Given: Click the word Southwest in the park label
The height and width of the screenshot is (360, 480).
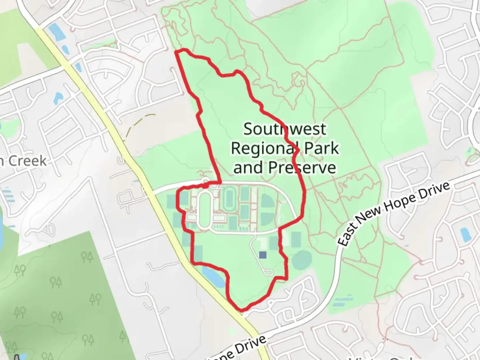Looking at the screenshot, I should [285, 129].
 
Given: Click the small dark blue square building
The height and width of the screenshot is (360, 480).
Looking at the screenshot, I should [263, 255].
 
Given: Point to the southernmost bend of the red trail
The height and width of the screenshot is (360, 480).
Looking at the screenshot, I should [243, 310].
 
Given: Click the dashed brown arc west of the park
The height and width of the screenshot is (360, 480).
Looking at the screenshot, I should [140, 125].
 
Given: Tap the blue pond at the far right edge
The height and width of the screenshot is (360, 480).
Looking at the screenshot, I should [465, 235].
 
